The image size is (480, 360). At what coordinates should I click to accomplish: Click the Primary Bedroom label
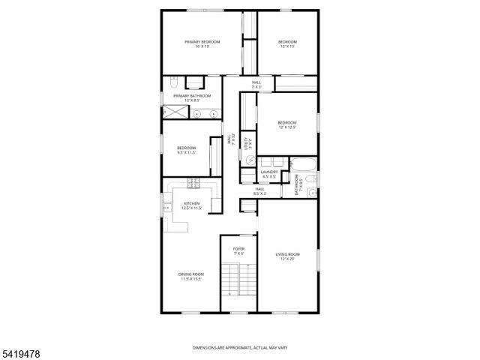point(202,43)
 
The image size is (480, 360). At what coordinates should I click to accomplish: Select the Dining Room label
point(191,277)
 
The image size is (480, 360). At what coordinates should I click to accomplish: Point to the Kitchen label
point(191,205)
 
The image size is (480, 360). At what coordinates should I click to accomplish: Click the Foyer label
point(238,251)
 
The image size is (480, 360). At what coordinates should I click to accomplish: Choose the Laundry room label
point(269,175)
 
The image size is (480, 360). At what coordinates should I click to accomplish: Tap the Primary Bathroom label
point(193,98)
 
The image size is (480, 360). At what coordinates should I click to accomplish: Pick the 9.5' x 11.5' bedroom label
point(186,150)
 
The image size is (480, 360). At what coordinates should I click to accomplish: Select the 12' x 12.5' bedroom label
point(287,124)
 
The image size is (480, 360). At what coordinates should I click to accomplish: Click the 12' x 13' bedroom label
point(287,43)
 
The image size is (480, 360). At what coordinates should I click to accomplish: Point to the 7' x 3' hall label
point(256,84)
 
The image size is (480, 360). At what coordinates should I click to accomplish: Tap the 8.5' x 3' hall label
point(260,191)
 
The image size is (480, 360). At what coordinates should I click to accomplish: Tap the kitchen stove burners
point(191,182)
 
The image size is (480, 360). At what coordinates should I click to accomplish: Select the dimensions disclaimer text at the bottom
point(239,347)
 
